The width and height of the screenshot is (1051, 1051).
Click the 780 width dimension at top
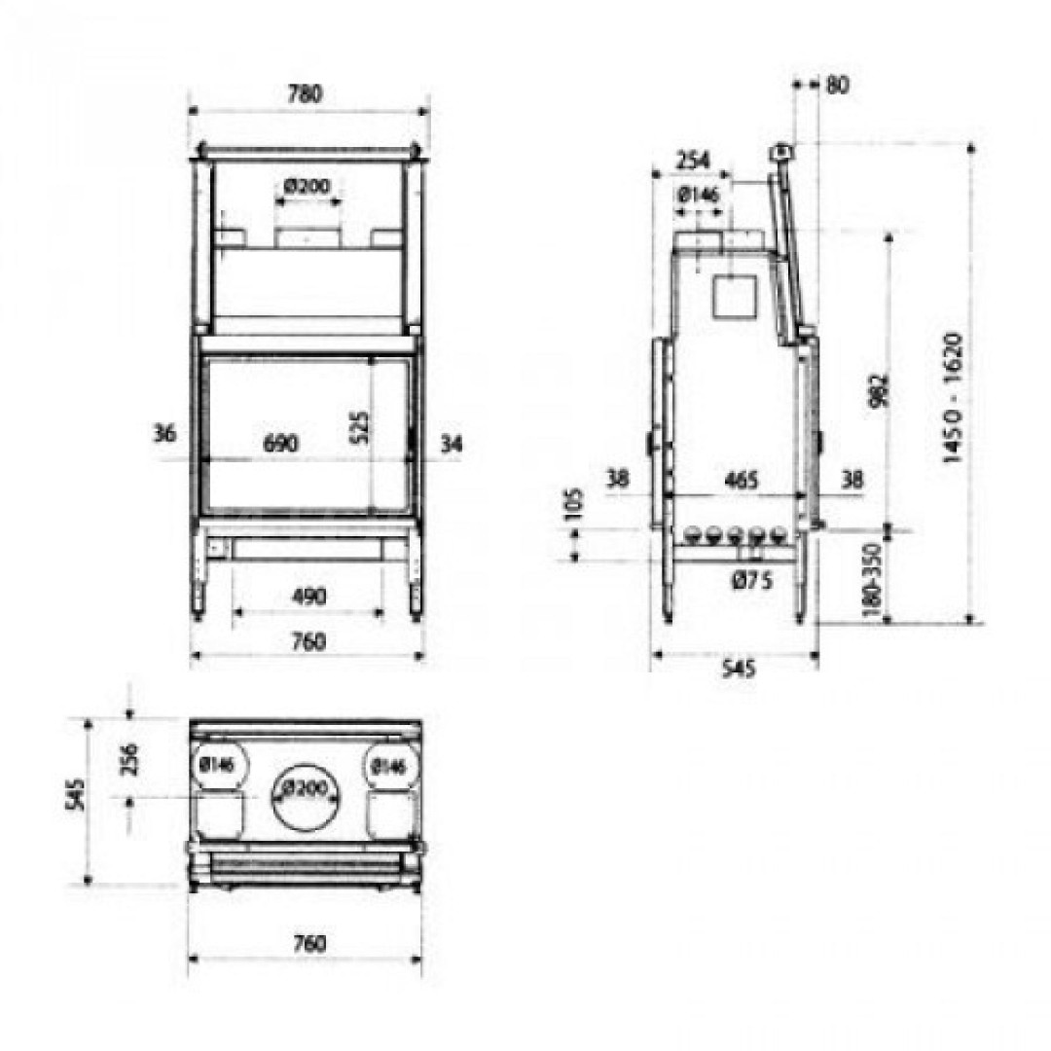pyautogui.click(x=305, y=93)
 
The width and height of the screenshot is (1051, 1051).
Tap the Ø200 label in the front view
pyautogui.click(x=307, y=185)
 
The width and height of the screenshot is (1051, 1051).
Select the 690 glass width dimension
pyautogui.click(x=281, y=444)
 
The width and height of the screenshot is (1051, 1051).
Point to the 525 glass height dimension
pyautogui.click(x=359, y=428)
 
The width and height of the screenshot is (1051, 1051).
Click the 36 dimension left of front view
pyautogui.click(x=164, y=434)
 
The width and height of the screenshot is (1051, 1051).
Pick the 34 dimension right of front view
pyautogui.click(x=452, y=443)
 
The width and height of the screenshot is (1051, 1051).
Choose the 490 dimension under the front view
pyautogui.click(x=308, y=596)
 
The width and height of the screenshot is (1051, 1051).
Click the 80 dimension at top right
pyautogui.click(x=837, y=85)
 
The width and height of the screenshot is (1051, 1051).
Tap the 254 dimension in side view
pyautogui.click(x=693, y=161)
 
